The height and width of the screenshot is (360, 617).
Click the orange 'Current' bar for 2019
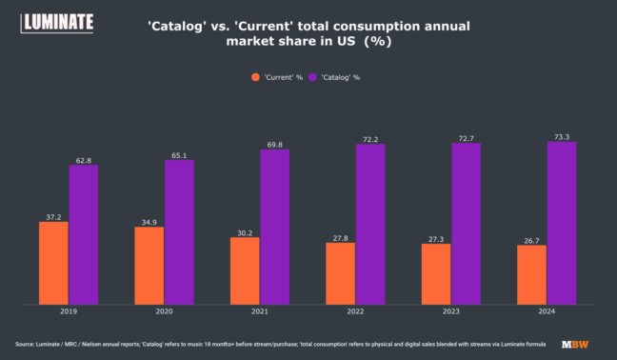pos(53,263)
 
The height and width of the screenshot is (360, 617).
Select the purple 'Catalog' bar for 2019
pos(83,235)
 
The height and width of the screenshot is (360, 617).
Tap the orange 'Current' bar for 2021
pos(245,270)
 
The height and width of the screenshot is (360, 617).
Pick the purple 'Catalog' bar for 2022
pos(370,225)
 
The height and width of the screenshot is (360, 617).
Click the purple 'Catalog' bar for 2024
pos(562,223)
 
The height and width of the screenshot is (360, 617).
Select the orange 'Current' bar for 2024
pos(531,275)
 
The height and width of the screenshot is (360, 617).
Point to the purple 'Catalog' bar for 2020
pos(179,232)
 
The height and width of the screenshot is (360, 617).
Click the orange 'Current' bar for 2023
pos(436,274)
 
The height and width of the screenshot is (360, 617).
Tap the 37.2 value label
pos(53,216)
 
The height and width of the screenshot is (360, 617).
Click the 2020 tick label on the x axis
pos(164,311)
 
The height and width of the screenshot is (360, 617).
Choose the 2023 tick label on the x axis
pos(451,311)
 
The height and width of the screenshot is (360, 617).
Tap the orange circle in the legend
pos(256,76)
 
